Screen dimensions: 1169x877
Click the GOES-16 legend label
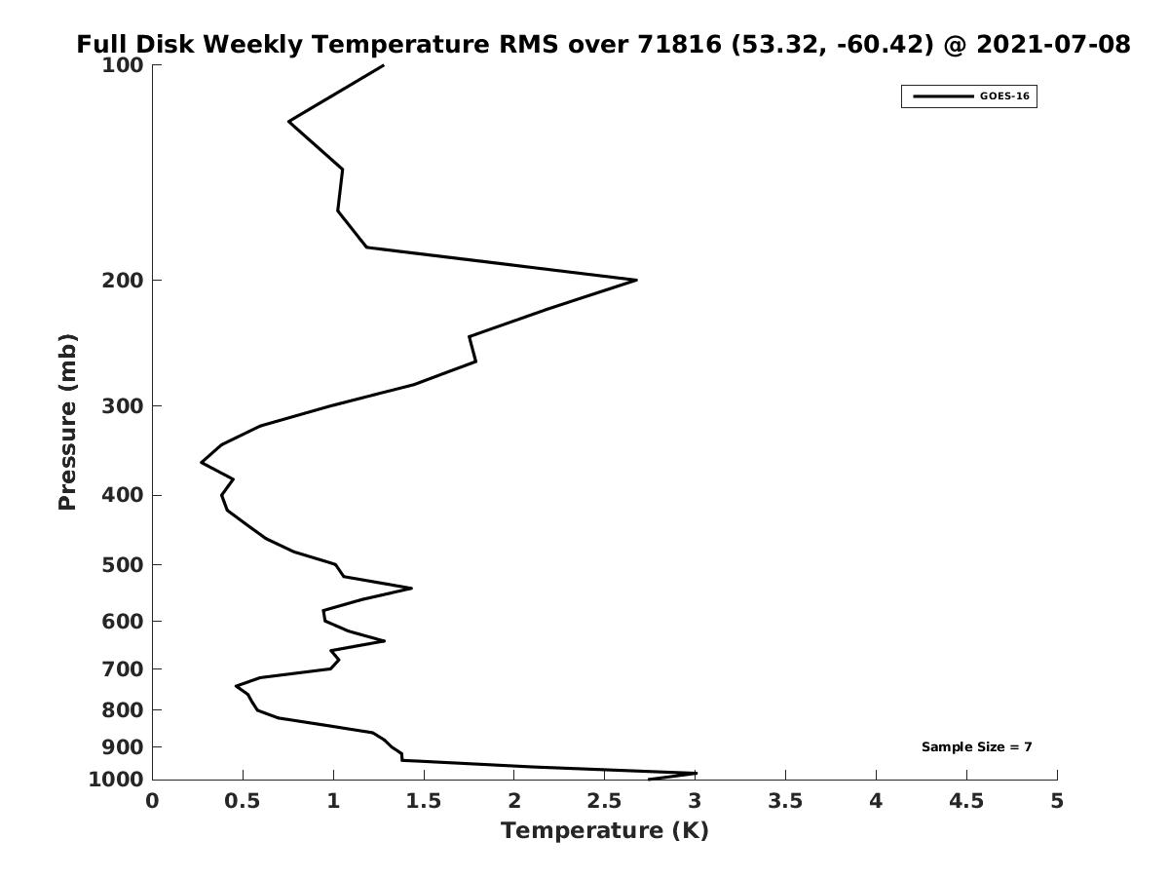[x=1004, y=96]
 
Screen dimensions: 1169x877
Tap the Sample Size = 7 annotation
[x=977, y=747]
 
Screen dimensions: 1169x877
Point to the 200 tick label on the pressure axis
[x=123, y=281]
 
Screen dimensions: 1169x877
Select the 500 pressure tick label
[x=123, y=565]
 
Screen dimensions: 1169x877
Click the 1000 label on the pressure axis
[x=116, y=780]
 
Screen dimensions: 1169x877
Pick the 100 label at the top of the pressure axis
[x=123, y=66]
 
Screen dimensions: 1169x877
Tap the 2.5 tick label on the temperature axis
[x=605, y=801]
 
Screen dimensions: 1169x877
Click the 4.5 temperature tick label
[x=966, y=801]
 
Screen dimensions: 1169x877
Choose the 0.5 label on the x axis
[x=243, y=801]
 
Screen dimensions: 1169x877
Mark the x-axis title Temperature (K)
[x=605, y=830]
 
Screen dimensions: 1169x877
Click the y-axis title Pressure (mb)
[x=67, y=422]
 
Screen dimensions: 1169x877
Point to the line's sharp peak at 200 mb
[x=636, y=280]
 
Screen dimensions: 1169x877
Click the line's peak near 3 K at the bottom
[x=696, y=773]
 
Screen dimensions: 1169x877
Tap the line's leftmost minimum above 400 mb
[x=202, y=463]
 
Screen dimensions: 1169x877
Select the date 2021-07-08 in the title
[x=1053, y=44]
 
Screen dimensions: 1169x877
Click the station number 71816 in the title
[x=679, y=44]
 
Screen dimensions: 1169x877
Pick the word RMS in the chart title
[x=528, y=44]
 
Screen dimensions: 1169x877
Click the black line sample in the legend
[x=943, y=96]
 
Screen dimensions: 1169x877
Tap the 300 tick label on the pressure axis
[x=123, y=406]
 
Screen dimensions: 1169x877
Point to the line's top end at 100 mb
[x=383, y=65]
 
